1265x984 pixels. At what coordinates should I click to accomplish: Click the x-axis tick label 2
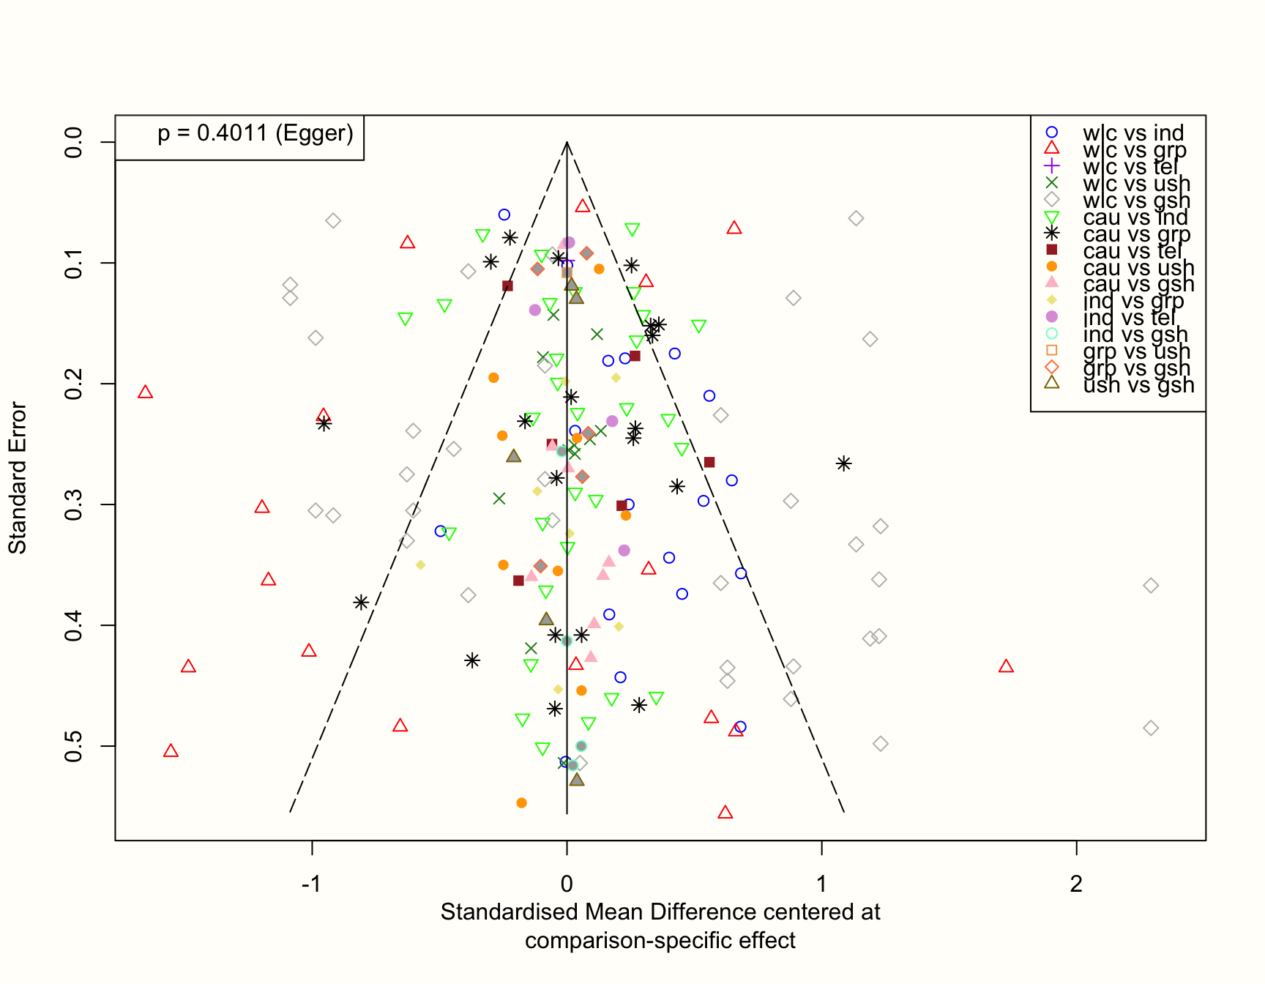click(1076, 884)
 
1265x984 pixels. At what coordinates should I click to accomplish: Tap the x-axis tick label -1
click(312, 884)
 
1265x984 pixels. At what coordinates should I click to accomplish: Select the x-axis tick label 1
click(821, 884)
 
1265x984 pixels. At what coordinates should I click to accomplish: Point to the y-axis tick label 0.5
click(74, 746)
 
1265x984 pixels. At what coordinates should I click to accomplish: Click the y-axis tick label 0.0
click(74, 142)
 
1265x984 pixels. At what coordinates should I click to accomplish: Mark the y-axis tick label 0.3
click(74, 504)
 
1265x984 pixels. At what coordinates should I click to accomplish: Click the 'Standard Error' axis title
click(18, 478)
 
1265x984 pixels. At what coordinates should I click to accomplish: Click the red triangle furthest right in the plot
click(1006, 666)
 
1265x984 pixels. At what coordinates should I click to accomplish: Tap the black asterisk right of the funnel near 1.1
click(843, 463)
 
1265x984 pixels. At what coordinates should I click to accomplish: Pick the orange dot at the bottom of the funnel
click(521, 803)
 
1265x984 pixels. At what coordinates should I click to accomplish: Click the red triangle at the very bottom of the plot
click(725, 813)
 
